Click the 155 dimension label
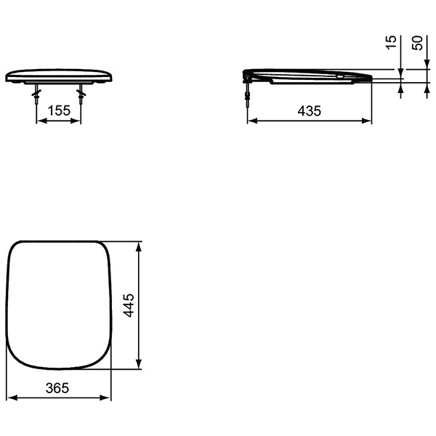click(59, 110)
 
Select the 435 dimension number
click(310, 111)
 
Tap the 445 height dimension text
click(129, 305)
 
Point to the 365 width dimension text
click(57, 388)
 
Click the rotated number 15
click(391, 42)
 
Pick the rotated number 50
click(417, 43)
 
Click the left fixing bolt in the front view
click(36, 94)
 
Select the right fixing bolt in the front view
click(81, 94)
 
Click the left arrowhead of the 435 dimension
click(252, 121)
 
